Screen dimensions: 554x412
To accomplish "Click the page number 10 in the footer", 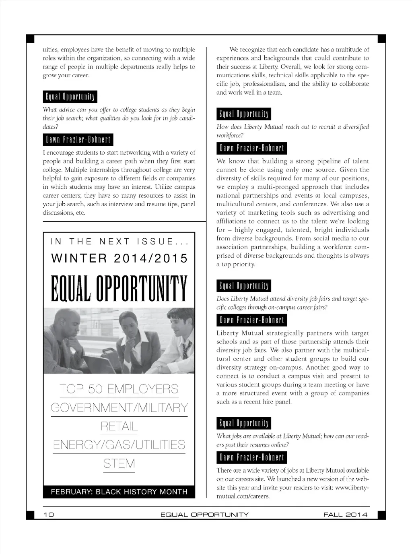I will click(x=49, y=515).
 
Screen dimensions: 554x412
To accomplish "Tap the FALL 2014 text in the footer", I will click(x=345, y=515).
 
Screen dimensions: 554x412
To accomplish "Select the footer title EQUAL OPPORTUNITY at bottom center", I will click(x=204, y=515).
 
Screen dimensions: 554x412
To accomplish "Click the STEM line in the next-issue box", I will click(x=119, y=464).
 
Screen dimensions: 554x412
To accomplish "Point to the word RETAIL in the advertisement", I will click(x=119, y=426).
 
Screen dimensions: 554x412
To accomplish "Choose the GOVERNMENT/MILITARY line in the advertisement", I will click(x=119, y=407).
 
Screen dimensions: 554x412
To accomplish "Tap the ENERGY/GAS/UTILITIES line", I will click(x=119, y=445).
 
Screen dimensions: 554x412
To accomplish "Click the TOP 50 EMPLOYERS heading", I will click(x=119, y=389).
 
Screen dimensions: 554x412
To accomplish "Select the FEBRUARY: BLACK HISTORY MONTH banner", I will click(x=119, y=492).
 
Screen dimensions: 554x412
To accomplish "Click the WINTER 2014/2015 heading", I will click(x=119, y=258).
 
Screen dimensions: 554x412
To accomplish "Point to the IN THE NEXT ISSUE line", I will click(x=119, y=242).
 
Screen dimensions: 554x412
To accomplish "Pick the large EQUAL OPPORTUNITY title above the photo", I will click(x=119, y=289).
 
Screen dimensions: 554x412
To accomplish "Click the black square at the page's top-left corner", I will click(x=30, y=38).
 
